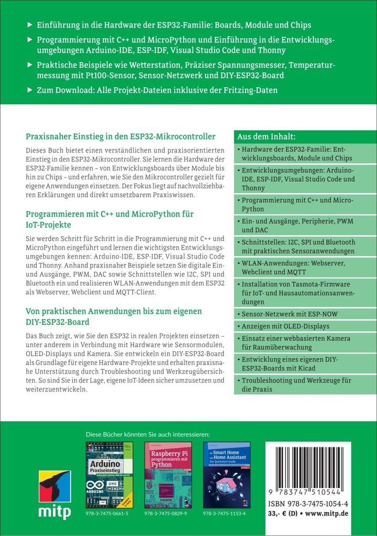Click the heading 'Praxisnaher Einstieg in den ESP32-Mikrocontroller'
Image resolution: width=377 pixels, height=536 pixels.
click(120, 137)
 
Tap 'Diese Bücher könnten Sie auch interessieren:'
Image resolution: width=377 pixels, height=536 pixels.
click(147, 434)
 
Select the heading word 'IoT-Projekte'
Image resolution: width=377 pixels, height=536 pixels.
click(48, 224)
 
